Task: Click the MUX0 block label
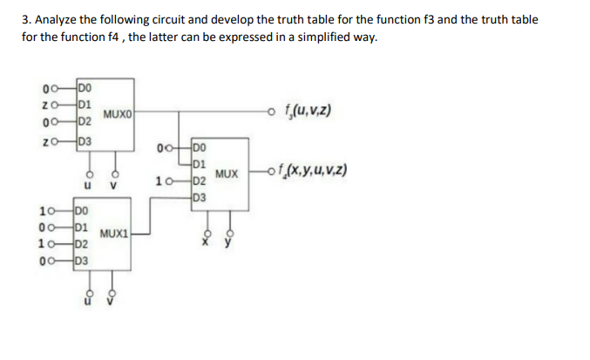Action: (x=119, y=113)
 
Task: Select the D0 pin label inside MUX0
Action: (x=84, y=87)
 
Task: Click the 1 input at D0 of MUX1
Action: (x=43, y=210)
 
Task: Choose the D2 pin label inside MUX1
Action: (x=81, y=243)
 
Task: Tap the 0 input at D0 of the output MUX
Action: (x=159, y=146)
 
